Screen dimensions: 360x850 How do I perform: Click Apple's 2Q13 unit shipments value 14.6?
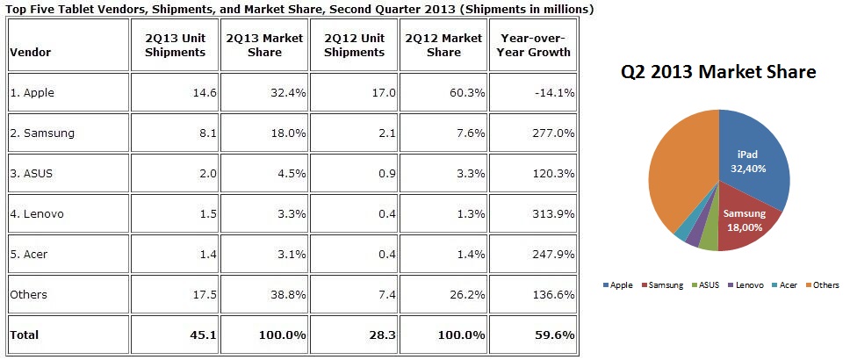tap(192, 92)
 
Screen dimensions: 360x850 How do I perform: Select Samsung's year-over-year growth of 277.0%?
tap(550, 133)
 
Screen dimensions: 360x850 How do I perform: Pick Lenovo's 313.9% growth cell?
tap(550, 213)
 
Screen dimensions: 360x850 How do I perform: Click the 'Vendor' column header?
tap(31, 52)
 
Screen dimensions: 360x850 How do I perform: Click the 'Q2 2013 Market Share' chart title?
tap(719, 72)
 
